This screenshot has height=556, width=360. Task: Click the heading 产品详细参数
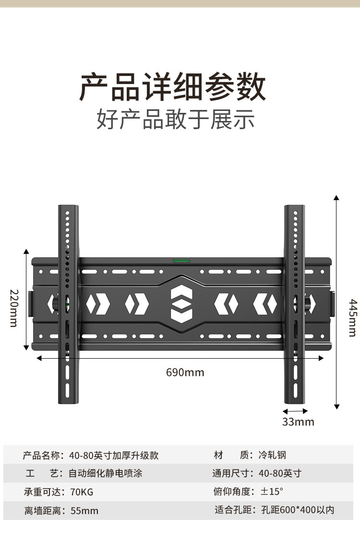tap(172, 87)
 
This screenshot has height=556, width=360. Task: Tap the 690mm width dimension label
tap(185, 373)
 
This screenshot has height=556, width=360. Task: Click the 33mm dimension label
tap(298, 422)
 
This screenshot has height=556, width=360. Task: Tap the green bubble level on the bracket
tap(181, 261)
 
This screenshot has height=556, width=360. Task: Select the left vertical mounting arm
tap(68, 305)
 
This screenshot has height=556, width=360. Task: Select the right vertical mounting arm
tap(294, 305)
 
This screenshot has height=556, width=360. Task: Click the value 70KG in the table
tap(82, 492)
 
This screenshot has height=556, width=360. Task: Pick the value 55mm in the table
tap(84, 511)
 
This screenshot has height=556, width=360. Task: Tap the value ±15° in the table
tap(272, 492)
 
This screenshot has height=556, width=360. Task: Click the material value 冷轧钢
tap(273, 455)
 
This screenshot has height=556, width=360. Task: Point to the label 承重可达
tap(43, 492)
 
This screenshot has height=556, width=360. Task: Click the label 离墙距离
tap(43, 511)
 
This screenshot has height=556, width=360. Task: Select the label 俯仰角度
tap(233, 492)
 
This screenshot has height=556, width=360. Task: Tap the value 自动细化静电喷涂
tap(106, 473)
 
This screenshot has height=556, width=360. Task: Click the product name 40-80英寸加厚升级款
tap(114, 455)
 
